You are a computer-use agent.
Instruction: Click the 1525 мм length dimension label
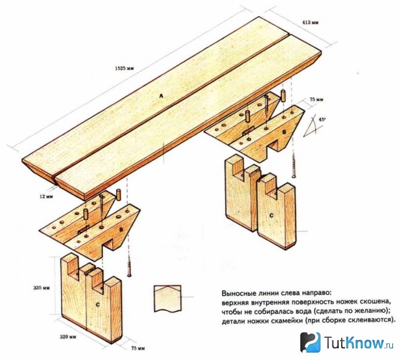coord(125,69)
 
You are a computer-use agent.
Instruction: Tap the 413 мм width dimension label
coord(310,22)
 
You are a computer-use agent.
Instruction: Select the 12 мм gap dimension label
coord(46,196)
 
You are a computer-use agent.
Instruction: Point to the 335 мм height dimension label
coord(42,288)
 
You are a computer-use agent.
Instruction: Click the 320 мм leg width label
coord(68,337)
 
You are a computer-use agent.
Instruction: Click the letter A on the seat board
coord(161,96)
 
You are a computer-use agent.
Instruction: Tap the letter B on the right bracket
coord(284,132)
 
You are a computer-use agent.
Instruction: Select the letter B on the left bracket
coord(121,230)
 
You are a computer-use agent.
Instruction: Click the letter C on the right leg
coord(271,216)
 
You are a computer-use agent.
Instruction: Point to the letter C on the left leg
coord(97,304)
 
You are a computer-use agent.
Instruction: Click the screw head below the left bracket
coord(129,275)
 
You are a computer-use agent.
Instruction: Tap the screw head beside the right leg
coord(294,176)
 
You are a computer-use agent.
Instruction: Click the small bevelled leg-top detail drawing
coord(168,298)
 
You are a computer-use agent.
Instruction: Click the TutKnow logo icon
coord(310,343)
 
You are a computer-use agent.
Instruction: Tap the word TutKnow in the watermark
coord(355,343)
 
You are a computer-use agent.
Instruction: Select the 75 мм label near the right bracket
coord(316,99)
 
